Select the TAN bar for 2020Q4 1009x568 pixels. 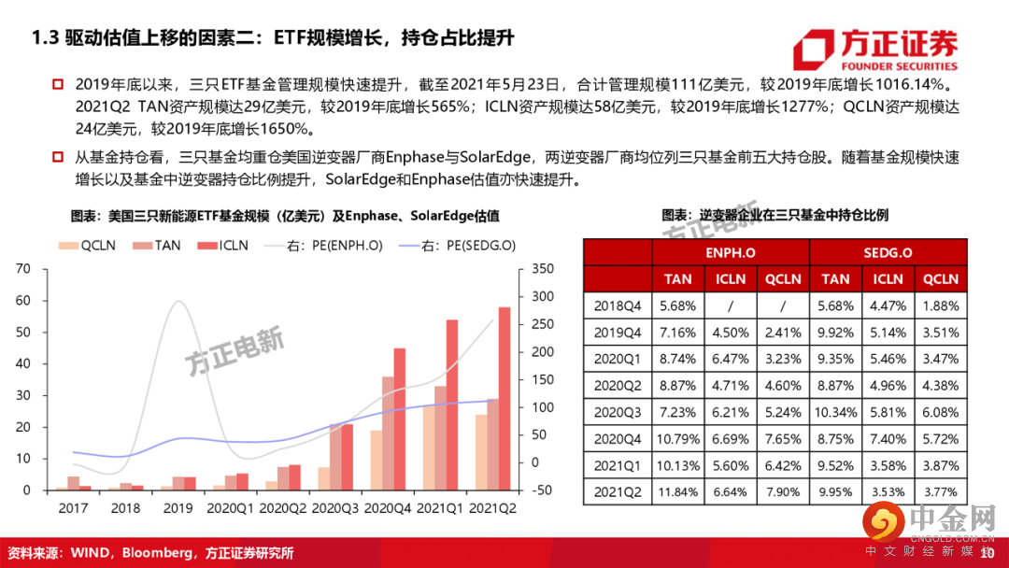tap(388, 433)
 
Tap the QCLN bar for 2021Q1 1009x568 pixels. tap(429, 447)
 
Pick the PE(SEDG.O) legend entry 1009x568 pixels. tap(457, 246)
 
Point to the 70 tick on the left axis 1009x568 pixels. tap(24, 269)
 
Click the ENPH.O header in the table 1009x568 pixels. tap(731, 252)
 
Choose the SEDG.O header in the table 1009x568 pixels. tap(888, 252)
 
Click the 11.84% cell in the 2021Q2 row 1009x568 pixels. tap(678, 491)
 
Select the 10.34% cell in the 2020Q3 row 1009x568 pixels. tap(835, 412)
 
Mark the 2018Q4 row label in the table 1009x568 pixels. tap(617, 305)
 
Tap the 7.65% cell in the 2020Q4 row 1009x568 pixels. tap(783, 438)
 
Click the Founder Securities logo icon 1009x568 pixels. tap(812, 51)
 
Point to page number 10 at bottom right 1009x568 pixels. tap(988, 553)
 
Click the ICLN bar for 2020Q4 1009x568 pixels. tap(400, 419)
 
